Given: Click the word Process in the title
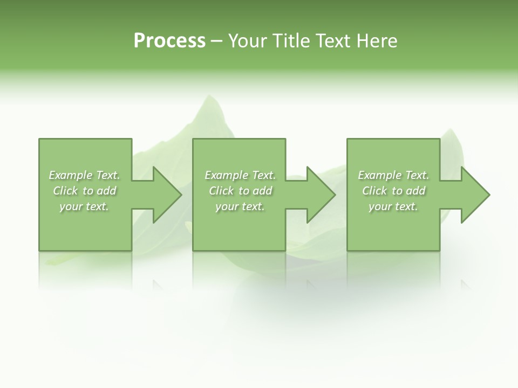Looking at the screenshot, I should pos(169,41).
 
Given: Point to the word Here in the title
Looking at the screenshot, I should pos(376,41).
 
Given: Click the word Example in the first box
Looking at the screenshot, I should pos(71,175).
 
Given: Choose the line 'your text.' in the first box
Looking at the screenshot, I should pos(84,206).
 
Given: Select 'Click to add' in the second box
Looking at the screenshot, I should pos(240,191).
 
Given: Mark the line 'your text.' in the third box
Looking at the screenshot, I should pos(393,206).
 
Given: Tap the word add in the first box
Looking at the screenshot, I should pos(106,191).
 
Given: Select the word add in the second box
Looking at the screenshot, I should pos(262,191).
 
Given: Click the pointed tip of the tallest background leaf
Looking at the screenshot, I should pos(206,97).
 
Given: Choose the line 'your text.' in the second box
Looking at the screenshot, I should pos(240,206).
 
